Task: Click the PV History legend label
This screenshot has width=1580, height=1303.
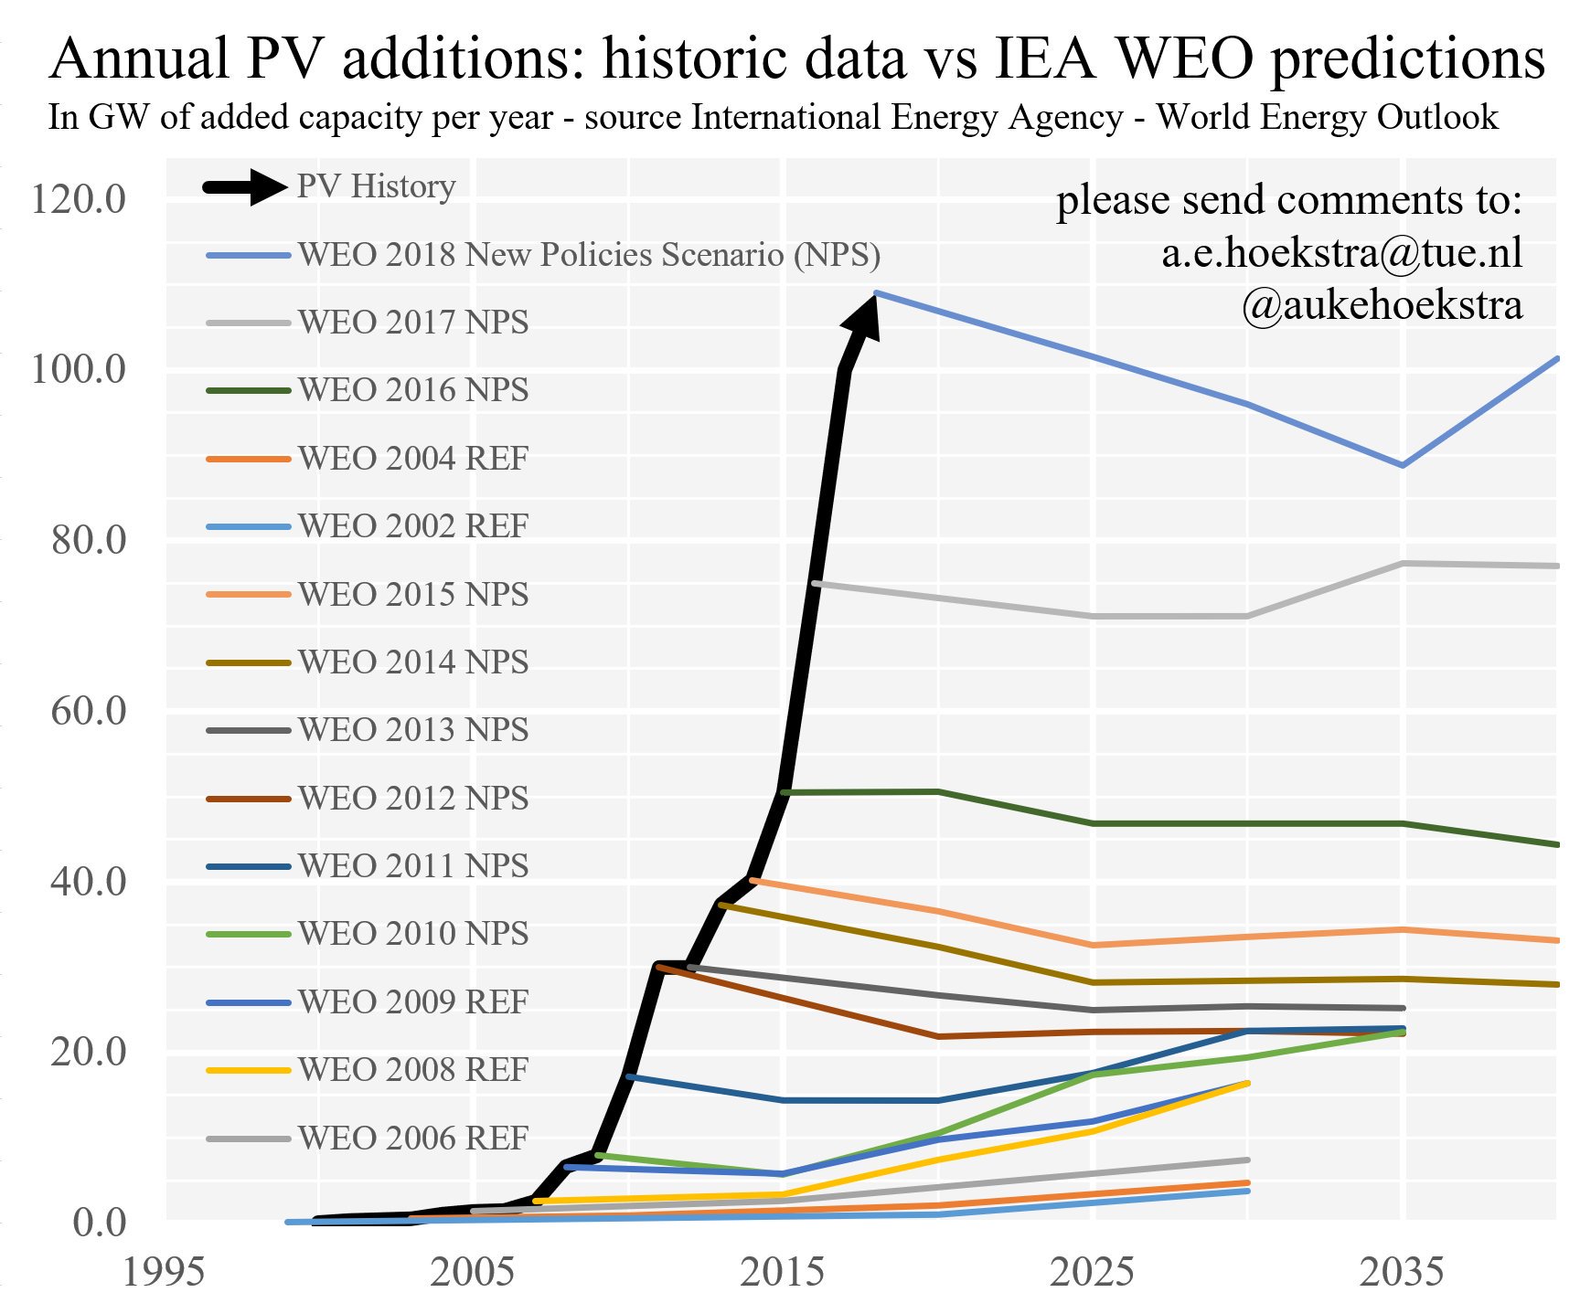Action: [376, 186]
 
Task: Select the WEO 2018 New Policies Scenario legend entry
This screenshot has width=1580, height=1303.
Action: [589, 255]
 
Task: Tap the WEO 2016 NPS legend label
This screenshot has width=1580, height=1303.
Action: [413, 390]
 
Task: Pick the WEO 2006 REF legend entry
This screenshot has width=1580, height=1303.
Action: [413, 1139]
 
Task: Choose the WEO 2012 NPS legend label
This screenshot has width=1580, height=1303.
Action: [413, 799]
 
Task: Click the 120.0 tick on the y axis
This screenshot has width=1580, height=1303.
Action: [78, 199]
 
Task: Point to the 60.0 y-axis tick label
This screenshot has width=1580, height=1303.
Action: [88, 711]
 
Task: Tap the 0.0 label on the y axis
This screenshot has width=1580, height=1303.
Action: [99, 1223]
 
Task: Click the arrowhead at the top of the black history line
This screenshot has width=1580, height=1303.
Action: [863, 315]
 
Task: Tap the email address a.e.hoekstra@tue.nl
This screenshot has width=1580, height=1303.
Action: [1341, 253]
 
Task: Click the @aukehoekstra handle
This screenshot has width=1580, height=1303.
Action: [1382, 305]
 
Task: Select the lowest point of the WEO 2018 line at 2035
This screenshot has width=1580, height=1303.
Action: [1402, 465]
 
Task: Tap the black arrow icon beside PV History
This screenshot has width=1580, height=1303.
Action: [245, 187]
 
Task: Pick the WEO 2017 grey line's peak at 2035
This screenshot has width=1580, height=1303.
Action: [1403, 564]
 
